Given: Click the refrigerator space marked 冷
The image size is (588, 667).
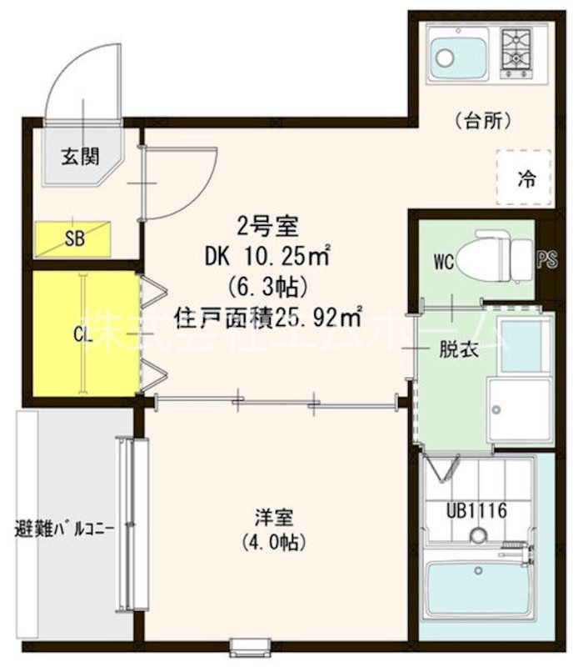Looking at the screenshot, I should [525, 178].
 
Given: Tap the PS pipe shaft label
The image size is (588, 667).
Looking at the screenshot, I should [546, 261].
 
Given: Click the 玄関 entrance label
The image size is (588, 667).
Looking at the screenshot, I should [81, 155].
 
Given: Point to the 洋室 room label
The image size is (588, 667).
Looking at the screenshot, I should [273, 517].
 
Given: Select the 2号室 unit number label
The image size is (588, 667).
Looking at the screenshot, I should [262, 225].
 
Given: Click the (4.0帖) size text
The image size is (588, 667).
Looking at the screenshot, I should [273, 542].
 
